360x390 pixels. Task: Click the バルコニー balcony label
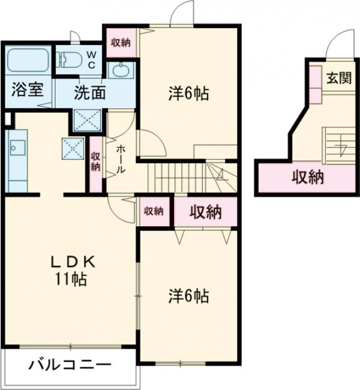coord(70,365)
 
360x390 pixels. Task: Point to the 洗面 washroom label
coord(90,92)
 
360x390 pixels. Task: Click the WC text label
coord(92,59)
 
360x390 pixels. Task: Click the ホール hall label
coord(120,160)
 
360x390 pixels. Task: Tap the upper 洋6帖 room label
coord(188,94)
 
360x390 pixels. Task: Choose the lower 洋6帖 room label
coord(188,295)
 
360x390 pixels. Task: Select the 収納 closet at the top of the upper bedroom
coord(121,42)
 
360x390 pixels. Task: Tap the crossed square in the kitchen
coord(73,148)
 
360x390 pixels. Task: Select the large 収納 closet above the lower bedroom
coord(205,211)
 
